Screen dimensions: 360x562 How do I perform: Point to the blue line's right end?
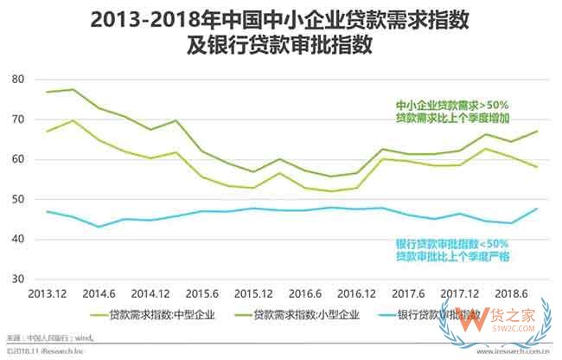tap(538, 209)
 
